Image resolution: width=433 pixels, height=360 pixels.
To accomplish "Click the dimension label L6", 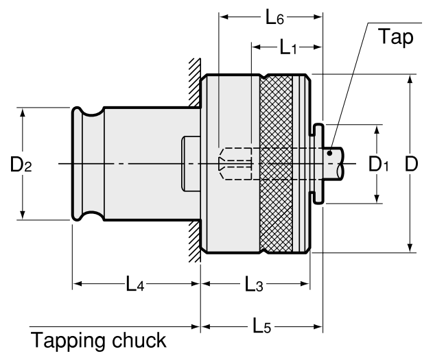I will click(274, 19).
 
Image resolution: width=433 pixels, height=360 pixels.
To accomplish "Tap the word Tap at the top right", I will click(397, 38).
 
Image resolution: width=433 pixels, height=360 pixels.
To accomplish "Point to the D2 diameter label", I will click(21, 165).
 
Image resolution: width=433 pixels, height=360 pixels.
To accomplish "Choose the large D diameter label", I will click(411, 164).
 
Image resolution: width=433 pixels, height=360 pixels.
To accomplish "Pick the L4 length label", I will click(134, 283).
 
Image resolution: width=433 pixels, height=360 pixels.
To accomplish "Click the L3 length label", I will click(252, 283).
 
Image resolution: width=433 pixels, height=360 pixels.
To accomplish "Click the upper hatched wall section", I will click(195, 82).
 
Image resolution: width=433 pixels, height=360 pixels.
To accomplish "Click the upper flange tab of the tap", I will click(318, 131).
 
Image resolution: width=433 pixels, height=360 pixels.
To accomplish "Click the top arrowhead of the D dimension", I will click(410, 77).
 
